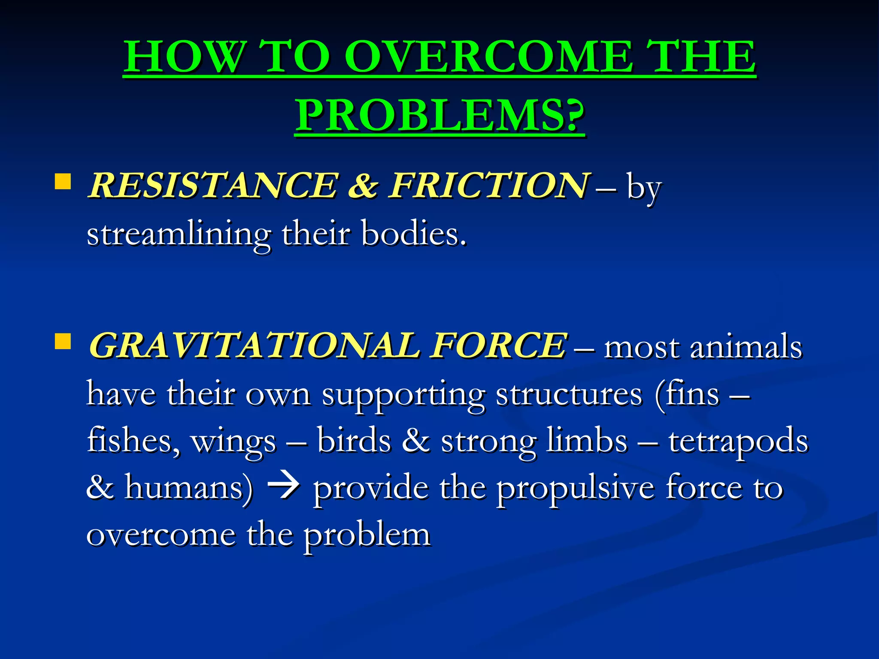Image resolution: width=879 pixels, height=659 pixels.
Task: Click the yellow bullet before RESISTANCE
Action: coord(63,181)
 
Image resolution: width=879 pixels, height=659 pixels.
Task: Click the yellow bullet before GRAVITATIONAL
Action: coord(63,342)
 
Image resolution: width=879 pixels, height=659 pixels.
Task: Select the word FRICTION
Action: coord(488,185)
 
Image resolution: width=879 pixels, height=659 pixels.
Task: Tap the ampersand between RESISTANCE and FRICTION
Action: coord(363,185)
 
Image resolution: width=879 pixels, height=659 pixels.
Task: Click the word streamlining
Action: coord(179,235)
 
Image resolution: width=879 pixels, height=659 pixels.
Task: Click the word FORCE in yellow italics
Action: coord(499,345)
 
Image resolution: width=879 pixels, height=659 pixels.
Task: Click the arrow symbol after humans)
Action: coord(283,488)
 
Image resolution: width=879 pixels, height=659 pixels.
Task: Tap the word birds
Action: coord(354,441)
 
